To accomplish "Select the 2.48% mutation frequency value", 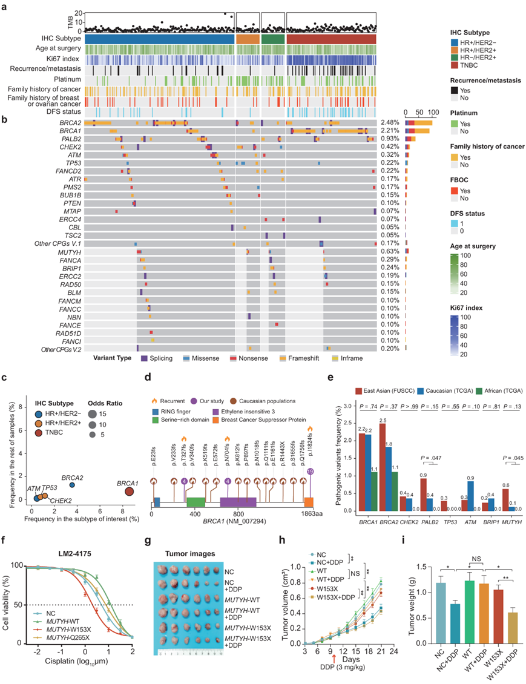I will pos(389,123).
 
